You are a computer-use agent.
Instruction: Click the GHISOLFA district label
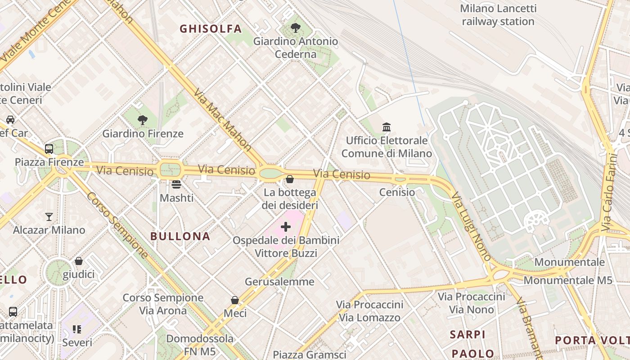click(211, 29)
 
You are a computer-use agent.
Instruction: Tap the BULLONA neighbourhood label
click(180, 236)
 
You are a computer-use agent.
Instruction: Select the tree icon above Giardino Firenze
click(143, 120)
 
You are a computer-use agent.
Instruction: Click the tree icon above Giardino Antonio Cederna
click(296, 28)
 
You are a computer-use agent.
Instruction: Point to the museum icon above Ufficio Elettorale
click(387, 127)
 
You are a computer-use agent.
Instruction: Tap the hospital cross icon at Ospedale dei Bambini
click(286, 227)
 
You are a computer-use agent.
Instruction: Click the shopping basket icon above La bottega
click(290, 179)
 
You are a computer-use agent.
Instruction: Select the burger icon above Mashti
click(176, 184)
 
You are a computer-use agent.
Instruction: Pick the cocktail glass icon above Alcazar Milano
click(49, 217)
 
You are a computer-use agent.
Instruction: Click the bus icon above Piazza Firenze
click(49, 148)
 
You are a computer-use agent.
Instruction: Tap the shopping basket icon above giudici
click(79, 261)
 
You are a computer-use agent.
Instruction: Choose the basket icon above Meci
click(235, 300)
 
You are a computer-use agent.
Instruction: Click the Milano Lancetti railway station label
click(498, 15)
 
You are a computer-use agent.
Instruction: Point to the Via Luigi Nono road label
click(471, 227)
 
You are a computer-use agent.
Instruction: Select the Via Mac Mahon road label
click(222, 119)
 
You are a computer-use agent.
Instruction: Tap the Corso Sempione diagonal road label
click(118, 225)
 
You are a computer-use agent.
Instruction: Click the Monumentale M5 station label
click(568, 280)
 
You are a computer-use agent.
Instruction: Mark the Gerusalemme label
click(279, 282)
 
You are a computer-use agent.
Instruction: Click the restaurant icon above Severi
click(77, 329)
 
